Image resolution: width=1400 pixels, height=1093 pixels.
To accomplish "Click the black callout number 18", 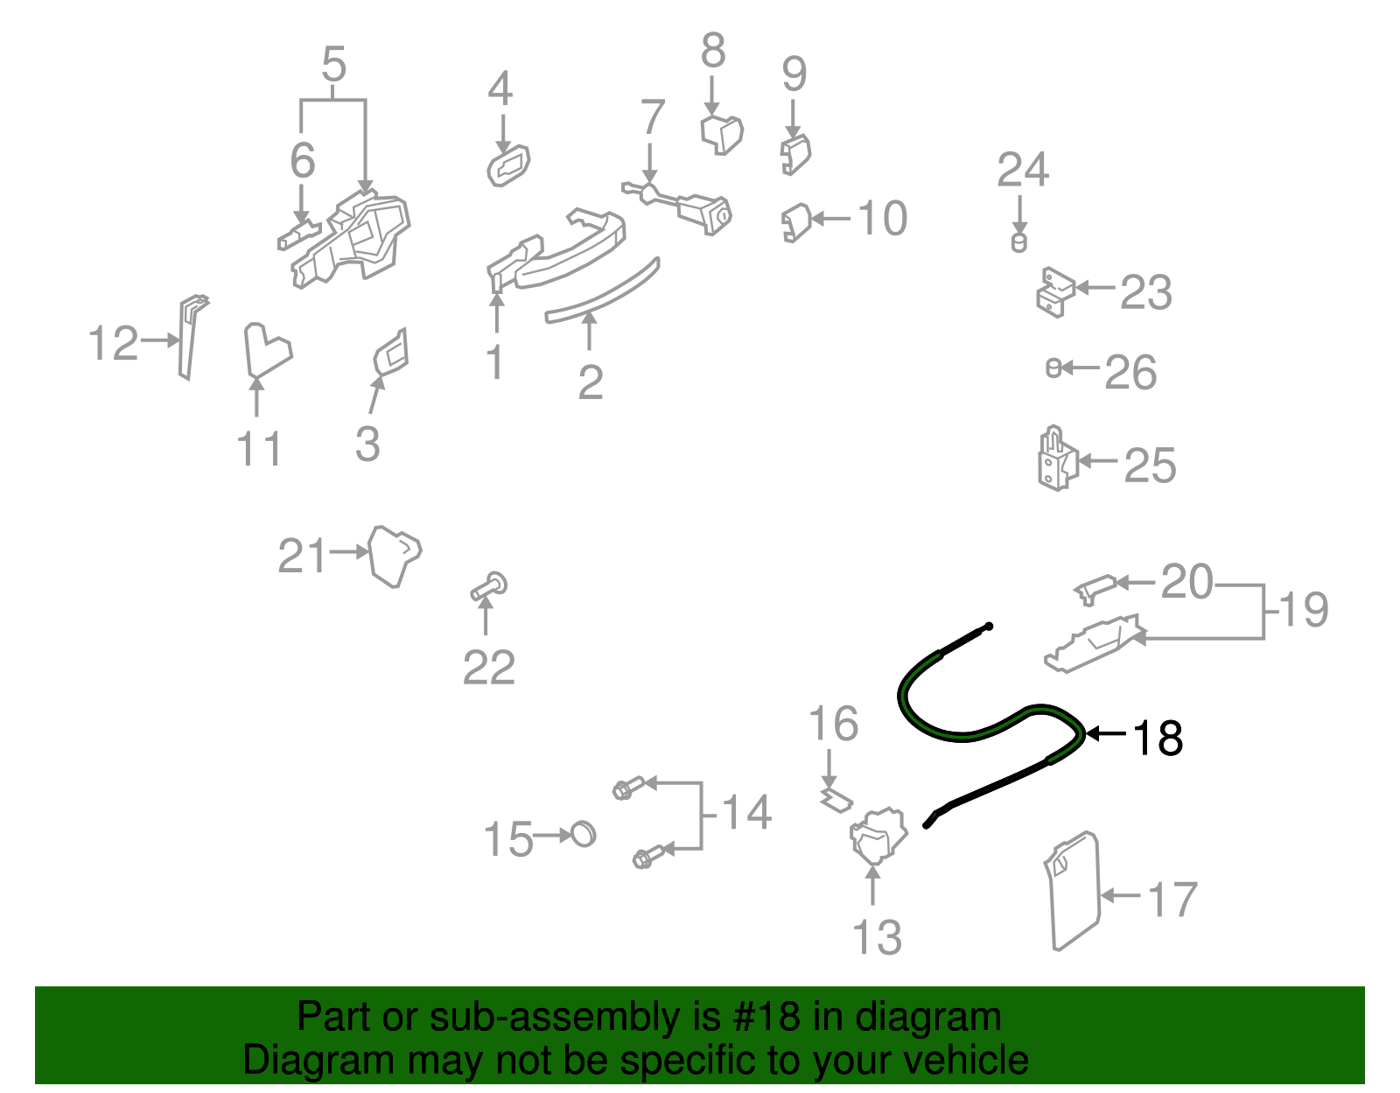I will [x=1158, y=738].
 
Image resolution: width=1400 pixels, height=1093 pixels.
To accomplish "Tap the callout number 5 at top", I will [x=333, y=65].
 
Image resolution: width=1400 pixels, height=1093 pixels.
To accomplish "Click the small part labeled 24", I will [x=1018, y=242].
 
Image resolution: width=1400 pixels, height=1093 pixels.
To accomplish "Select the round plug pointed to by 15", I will [x=583, y=834].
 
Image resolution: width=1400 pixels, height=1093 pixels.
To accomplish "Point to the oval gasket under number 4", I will [x=508, y=165].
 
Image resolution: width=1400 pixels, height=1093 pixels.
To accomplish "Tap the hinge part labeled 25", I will [x=1056, y=459].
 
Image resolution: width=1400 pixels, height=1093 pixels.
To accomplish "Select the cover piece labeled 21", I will [x=393, y=554].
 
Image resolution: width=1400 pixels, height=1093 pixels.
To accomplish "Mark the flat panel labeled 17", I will [x=1073, y=891].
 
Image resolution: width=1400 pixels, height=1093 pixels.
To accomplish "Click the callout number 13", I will [x=876, y=937].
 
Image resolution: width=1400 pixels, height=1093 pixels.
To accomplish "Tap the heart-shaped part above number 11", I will [x=264, y=350].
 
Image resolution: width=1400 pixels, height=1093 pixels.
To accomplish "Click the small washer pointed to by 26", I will [x=1053, y=368].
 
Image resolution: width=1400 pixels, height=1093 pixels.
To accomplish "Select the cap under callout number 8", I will [x=722, y=133].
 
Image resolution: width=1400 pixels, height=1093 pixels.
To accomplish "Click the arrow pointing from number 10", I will [x=831, y=219].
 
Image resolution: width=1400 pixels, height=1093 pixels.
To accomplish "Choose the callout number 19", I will [x=1304, y=609].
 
